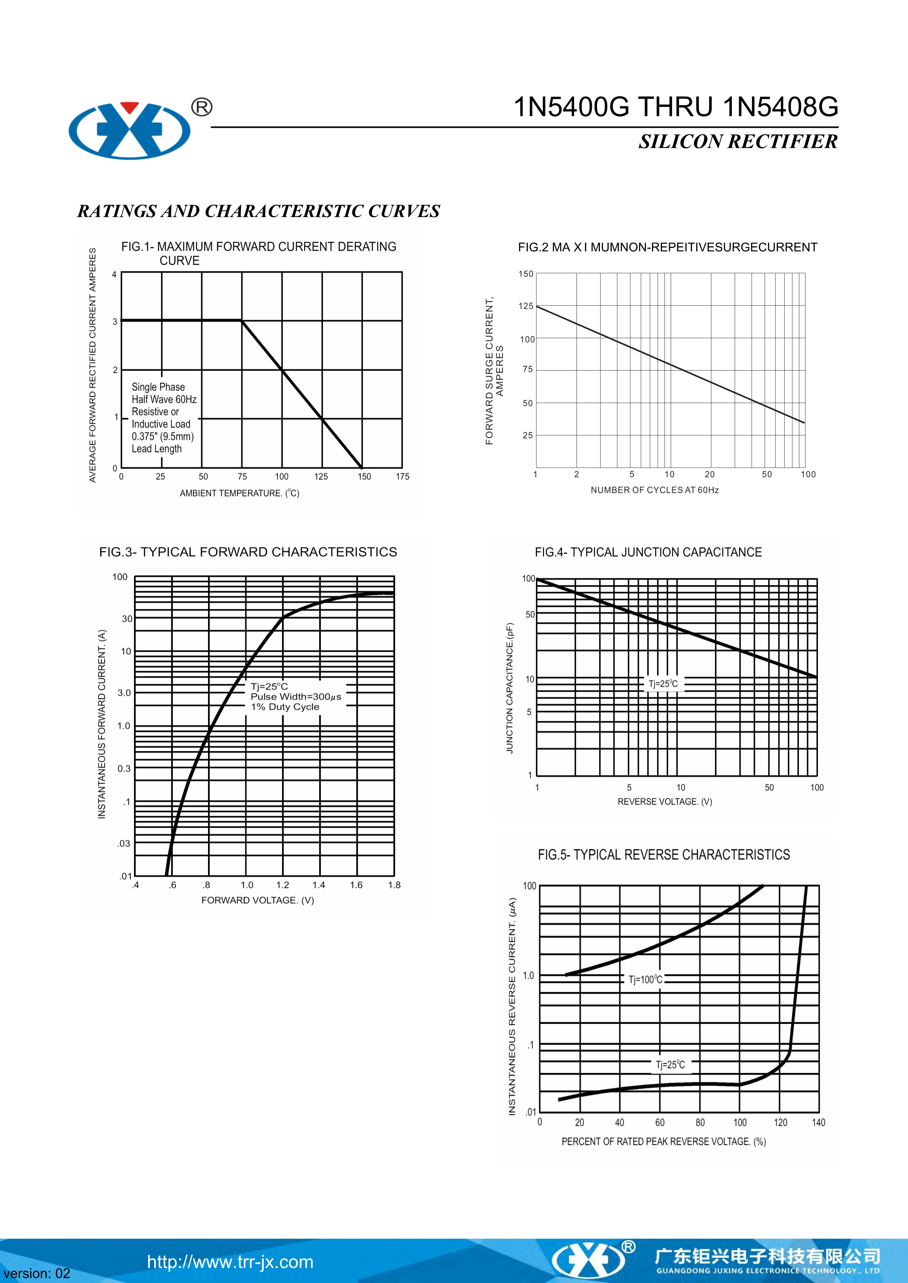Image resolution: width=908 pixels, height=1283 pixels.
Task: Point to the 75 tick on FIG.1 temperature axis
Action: [242, 477]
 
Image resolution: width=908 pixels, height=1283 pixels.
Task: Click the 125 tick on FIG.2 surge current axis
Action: [526, 306]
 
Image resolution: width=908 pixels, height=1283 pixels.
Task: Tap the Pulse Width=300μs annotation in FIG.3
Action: [296, 697]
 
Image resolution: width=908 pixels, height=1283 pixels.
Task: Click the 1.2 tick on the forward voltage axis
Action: [283, 885]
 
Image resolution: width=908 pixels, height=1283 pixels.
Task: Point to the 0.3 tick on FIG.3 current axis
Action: [124, 769]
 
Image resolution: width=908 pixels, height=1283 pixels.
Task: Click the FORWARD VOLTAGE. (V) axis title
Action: [257, 900]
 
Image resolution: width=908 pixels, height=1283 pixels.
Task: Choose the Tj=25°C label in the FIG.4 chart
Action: [663, 684]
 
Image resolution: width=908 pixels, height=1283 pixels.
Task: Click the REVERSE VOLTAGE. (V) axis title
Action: [664, 802]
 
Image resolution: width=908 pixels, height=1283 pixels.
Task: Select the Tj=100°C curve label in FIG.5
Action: [645, 979]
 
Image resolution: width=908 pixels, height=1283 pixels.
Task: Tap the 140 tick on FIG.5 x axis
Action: [818, 1123]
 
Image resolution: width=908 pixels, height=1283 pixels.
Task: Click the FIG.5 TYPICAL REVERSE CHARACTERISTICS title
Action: [664, 855]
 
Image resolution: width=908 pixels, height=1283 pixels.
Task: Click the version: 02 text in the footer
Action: [37, 1273]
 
